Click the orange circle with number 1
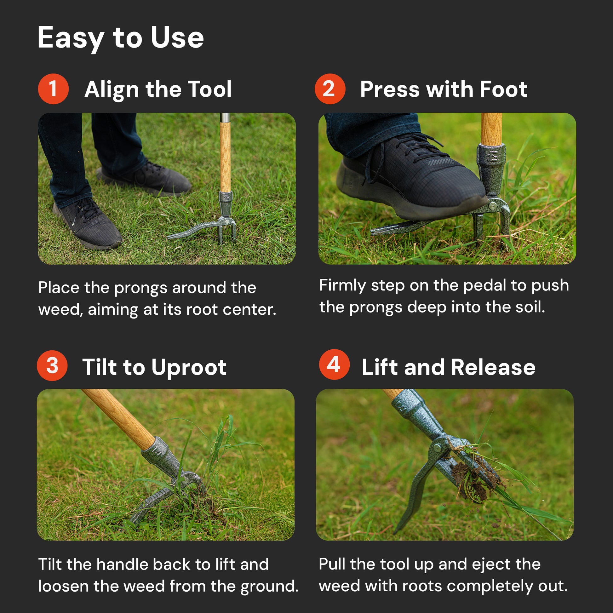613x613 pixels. [x=53, y=89]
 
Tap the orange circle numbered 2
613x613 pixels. [x=330, y=89]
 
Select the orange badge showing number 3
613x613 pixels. [x=52, y=365]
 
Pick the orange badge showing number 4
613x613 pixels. [x=335, y=364]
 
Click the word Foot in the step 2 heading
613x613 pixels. [x=503, y=89]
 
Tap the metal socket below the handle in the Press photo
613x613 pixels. [x=491, y=170]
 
